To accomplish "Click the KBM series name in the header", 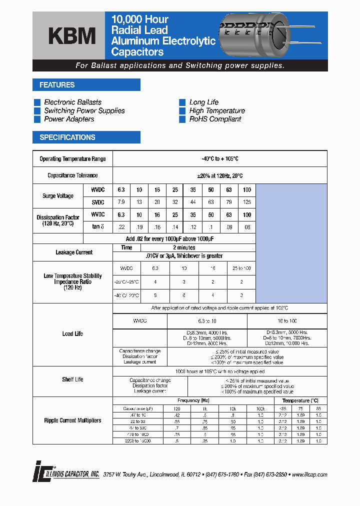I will tap(72, 36).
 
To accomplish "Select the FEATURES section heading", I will tap(57, 85).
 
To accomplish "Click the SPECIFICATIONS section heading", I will tap(67, 137).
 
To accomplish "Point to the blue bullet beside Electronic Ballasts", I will tap(36, 102).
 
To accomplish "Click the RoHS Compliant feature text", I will tap(215, 119).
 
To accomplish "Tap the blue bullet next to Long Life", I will tap(182, 102).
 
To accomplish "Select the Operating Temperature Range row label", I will tap(72, 159).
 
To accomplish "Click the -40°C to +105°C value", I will tap(219, 159).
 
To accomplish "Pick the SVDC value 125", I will tap(247, 202).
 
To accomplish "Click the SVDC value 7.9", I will tap(121, 202).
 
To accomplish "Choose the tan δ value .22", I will tap(121, 227).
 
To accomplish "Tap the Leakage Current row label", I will tap(74, 252).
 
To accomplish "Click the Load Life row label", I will tap(72, 334).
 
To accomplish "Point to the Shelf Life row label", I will tap(72, 379).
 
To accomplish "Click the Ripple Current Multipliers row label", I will tap(72, 420).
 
